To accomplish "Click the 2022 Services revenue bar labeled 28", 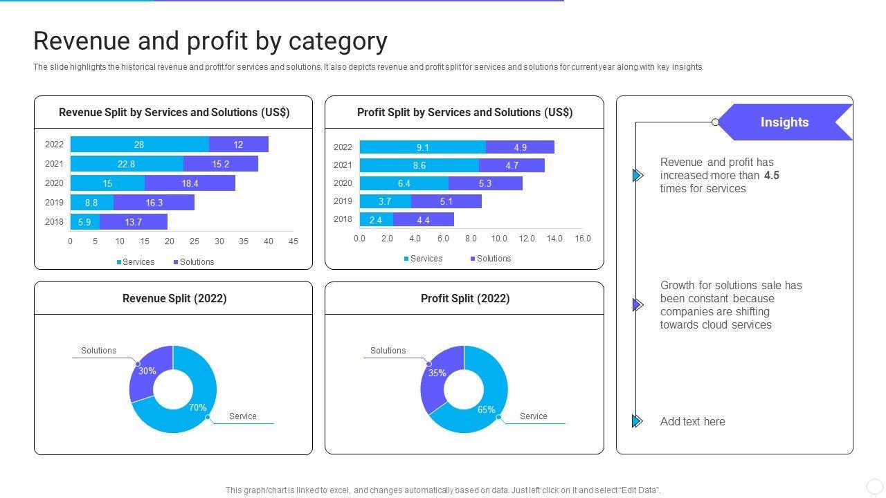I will [139, 145].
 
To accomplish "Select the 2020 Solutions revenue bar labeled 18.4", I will [190, 183].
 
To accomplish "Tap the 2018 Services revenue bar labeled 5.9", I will [84, 222].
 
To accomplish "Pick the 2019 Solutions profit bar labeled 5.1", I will [446, 201].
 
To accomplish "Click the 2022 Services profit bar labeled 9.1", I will [422, 147].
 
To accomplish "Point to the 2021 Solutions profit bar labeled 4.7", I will [512, 165].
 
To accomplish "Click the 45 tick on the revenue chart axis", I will [293, 241].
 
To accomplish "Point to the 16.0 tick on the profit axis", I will [583, 239].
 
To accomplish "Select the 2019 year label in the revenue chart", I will [54, 203].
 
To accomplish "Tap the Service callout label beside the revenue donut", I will [243, 416].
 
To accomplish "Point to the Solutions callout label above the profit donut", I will [388, 351].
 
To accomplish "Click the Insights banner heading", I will [784, 122].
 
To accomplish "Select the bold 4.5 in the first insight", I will [772, 176].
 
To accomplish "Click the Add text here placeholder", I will [692, 422].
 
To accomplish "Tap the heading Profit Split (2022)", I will [465, 299].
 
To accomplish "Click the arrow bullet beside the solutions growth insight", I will [638, 305].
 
